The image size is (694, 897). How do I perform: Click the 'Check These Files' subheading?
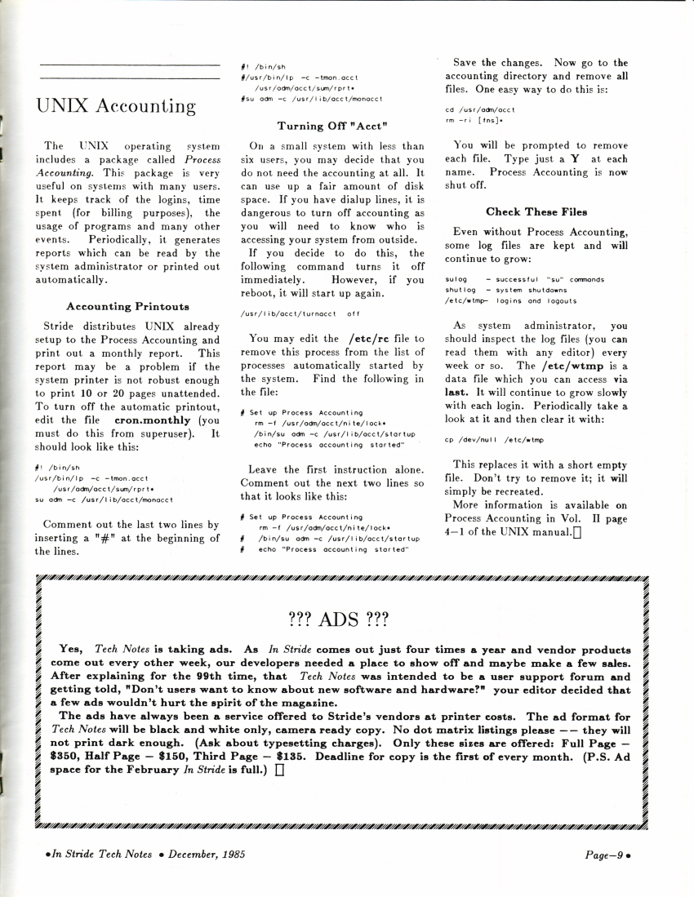[x=536, y=211]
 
